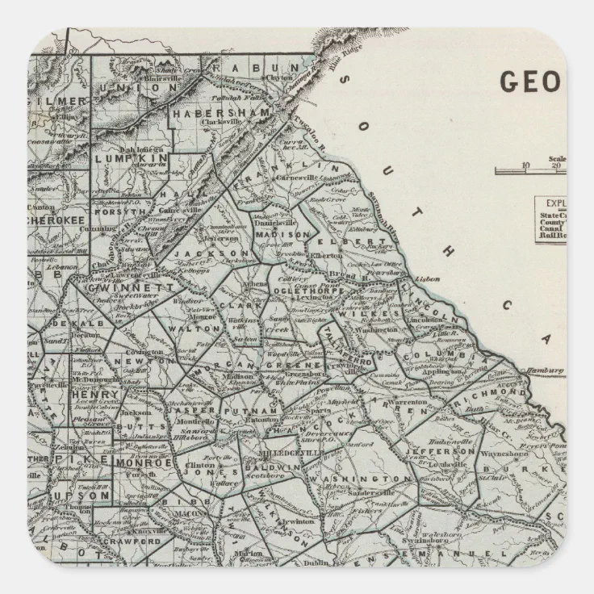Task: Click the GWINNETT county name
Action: [122, 287]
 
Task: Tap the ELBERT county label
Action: [357, 242]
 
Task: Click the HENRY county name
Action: [85, 395]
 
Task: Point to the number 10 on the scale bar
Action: [525, 165]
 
